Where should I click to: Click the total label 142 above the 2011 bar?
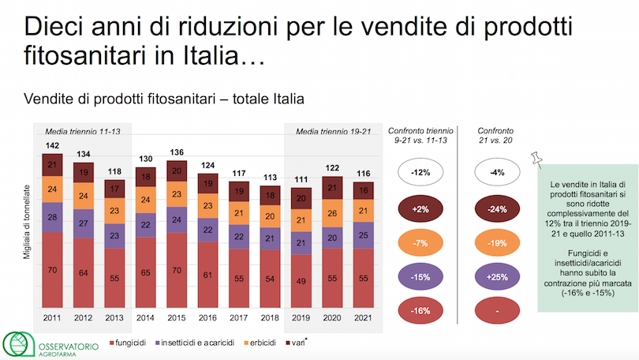52,146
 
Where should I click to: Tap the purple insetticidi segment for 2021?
364,234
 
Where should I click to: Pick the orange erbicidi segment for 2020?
331,212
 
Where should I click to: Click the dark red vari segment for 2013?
116,189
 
